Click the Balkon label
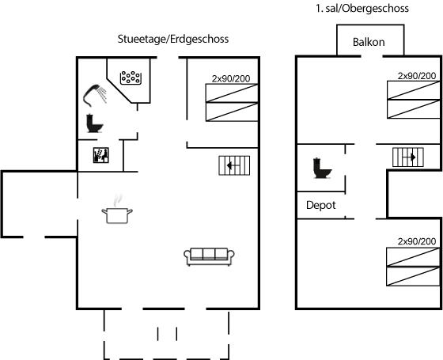[369, 42]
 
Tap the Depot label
[321, 205]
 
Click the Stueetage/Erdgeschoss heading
[173, 39]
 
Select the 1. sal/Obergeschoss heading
[362, 8]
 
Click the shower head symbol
[95, 95]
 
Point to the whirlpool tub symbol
[131, 78]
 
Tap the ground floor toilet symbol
[94, 123]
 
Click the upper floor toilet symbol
[322, 168]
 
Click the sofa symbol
[209, 256]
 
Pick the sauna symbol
[101, 155]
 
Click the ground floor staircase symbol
[234, 165]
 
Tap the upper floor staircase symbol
[408, 157]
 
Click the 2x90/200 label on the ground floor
[231, 78]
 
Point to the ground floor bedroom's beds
[232, 102]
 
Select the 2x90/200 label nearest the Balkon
[417, 76]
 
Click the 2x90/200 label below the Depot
[417, 241]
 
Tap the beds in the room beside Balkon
[414, 100]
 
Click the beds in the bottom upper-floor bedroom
[414, 267]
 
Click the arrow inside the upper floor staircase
[409, 157]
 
